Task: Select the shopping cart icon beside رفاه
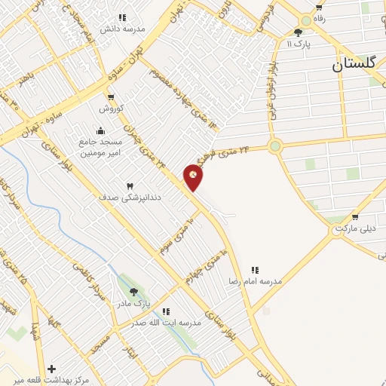click(x=319, y=8)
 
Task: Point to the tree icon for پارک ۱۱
click(x=299, y=32)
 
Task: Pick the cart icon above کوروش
click(x=112, y=97)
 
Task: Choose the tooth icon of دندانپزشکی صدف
click(x=129, y=185)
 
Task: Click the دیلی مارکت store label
click(x=355, y=228)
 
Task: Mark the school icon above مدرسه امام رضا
click(x=256, y=269)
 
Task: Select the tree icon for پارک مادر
click(x=133, y=292)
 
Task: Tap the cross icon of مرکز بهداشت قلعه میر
click(x=51, y=369)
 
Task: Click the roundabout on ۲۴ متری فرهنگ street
click(x=275, y=146)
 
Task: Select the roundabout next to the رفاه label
click(x=305, y=20)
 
